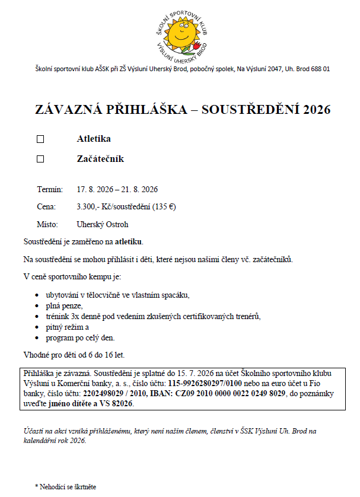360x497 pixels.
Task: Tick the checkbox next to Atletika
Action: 40,139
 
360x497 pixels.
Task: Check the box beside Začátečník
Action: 40,159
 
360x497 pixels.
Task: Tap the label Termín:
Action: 50,190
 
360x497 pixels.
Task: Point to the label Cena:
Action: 47,207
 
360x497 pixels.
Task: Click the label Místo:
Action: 48,225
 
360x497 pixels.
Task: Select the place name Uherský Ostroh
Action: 103,225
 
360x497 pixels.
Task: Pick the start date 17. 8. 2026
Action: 95,190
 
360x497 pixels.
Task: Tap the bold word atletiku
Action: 129,242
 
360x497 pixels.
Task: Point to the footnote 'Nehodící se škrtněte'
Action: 68,486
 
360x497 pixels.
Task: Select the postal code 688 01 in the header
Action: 318,69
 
